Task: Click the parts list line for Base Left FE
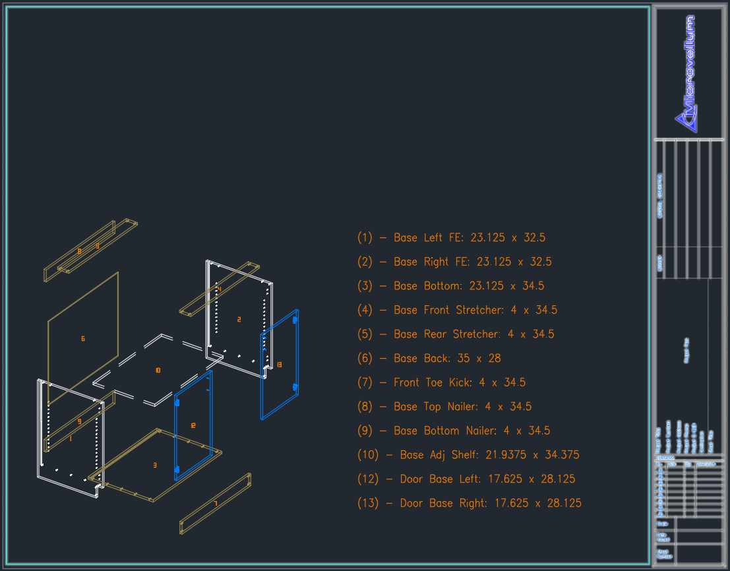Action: coord(451,238)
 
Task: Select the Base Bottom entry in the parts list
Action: coord(450,286)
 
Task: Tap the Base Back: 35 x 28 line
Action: coord(429,359)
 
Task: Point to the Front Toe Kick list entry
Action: coord(441,382)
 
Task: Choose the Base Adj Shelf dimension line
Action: coord(468,455)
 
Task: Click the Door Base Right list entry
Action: coord(470,503)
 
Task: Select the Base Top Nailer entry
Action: coord(444,407)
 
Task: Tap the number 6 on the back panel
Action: coord(83,339)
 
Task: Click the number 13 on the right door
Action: coord(279,364)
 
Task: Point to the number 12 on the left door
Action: coord(193,426)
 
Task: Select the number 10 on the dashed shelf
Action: coord(158,371)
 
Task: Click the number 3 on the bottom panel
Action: coord(155,466)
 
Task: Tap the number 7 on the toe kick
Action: coord(215,504)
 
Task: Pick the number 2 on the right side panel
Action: coord(239,320)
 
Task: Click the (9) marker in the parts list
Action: coord(365,431)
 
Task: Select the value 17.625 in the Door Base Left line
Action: coord(512,479)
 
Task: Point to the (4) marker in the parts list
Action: coord(365,310)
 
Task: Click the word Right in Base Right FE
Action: coord(437,262)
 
